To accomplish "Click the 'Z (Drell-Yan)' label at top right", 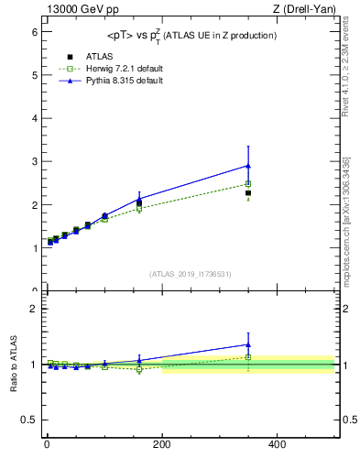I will [306, 9].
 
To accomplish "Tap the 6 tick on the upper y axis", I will [36, 32].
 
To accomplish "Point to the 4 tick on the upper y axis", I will [36, 118].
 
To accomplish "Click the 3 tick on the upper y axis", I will [36, 161].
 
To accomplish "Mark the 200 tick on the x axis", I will [162, 444].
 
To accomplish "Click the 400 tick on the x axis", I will [277, 444].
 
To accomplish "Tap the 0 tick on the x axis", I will [47, 444].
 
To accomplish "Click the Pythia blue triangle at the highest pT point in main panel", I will [248, 166].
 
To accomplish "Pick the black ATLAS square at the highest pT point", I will [248, 193].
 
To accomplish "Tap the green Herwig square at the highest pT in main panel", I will [248, 184].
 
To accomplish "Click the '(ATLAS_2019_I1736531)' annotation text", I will [191, 274].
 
